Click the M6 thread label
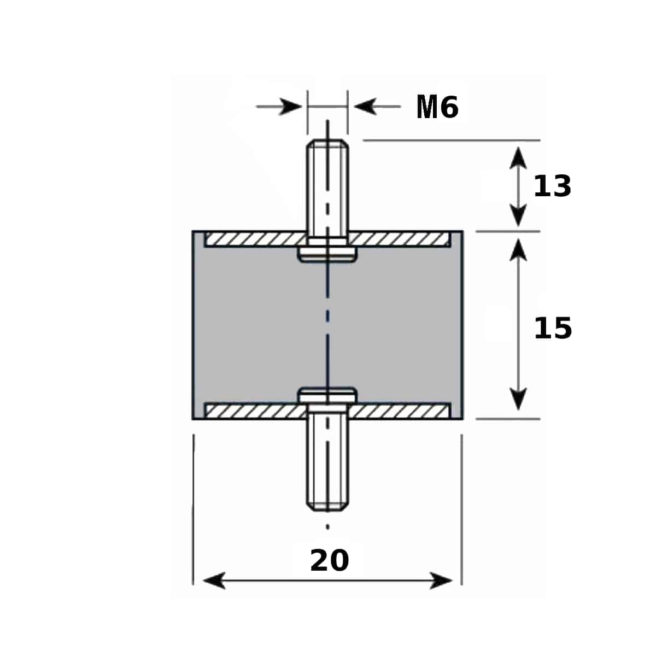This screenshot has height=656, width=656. [x=437, y=107]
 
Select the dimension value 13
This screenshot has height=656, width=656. [x=552, y=186]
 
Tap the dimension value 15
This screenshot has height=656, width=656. [x=553, y=329]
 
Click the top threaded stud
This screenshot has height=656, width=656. [x=327, y=188]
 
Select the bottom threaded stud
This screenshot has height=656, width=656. [x=327, y=461]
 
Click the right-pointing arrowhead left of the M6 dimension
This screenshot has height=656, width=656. [x=290, y=107]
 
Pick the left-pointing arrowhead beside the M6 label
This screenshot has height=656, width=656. [x=365, y=107]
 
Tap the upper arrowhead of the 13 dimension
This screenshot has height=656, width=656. [x=518, y=158]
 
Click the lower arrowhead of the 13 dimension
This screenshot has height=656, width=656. [x=518, y=215]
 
